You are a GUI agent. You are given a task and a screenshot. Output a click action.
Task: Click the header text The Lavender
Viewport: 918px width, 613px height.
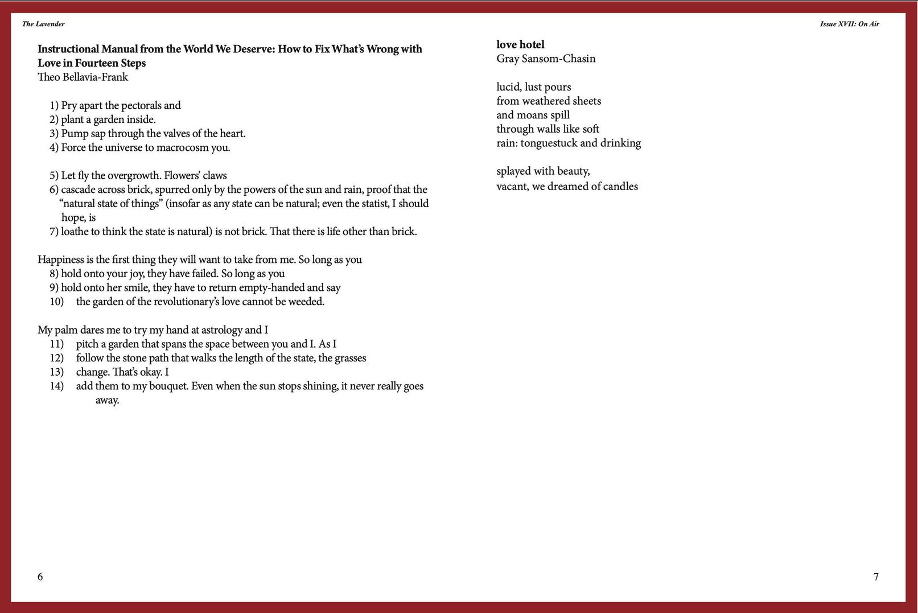[43, 24]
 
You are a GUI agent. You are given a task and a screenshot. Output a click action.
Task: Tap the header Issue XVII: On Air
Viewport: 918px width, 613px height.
[849, 24]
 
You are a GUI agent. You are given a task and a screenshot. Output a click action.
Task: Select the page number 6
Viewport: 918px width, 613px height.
[40, 577]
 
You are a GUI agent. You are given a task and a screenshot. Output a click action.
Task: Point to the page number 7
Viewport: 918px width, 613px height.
[876, 577]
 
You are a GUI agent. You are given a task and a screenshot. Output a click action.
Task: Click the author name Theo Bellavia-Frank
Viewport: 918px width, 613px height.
[83, 77]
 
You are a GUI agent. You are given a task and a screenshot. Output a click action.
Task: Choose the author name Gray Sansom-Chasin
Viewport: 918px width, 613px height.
[546, 59]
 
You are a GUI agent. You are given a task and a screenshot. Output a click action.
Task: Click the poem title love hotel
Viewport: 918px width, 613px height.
[520, 44]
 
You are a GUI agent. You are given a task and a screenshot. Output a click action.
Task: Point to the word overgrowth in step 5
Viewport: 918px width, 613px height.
[132, 175]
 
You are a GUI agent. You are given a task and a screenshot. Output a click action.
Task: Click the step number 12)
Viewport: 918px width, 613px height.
[56, 358]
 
